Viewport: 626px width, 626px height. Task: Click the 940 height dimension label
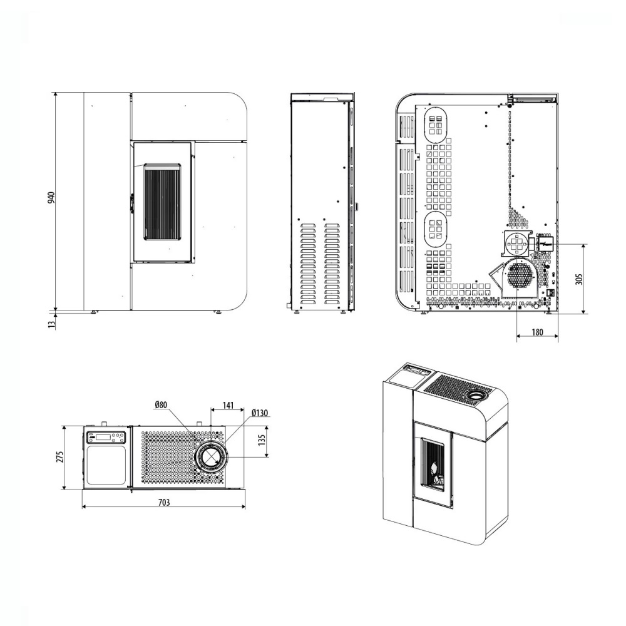[x=53, y=198]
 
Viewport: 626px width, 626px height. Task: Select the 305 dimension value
[x=579, y=279]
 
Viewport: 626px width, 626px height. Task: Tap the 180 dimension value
[x=537, y=332]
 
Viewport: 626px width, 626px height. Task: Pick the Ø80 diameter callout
[x=162, y=405]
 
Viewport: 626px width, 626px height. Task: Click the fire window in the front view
[x=162, y=202]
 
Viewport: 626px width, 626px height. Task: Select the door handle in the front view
[x=131, y=202]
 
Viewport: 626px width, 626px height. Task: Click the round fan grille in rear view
[x=519, y=274]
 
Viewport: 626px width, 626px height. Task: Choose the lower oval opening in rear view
[x=436, y=228]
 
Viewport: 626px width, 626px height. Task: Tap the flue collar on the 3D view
[x=476, y=396]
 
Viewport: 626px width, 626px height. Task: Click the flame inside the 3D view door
[x=434, y=468]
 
